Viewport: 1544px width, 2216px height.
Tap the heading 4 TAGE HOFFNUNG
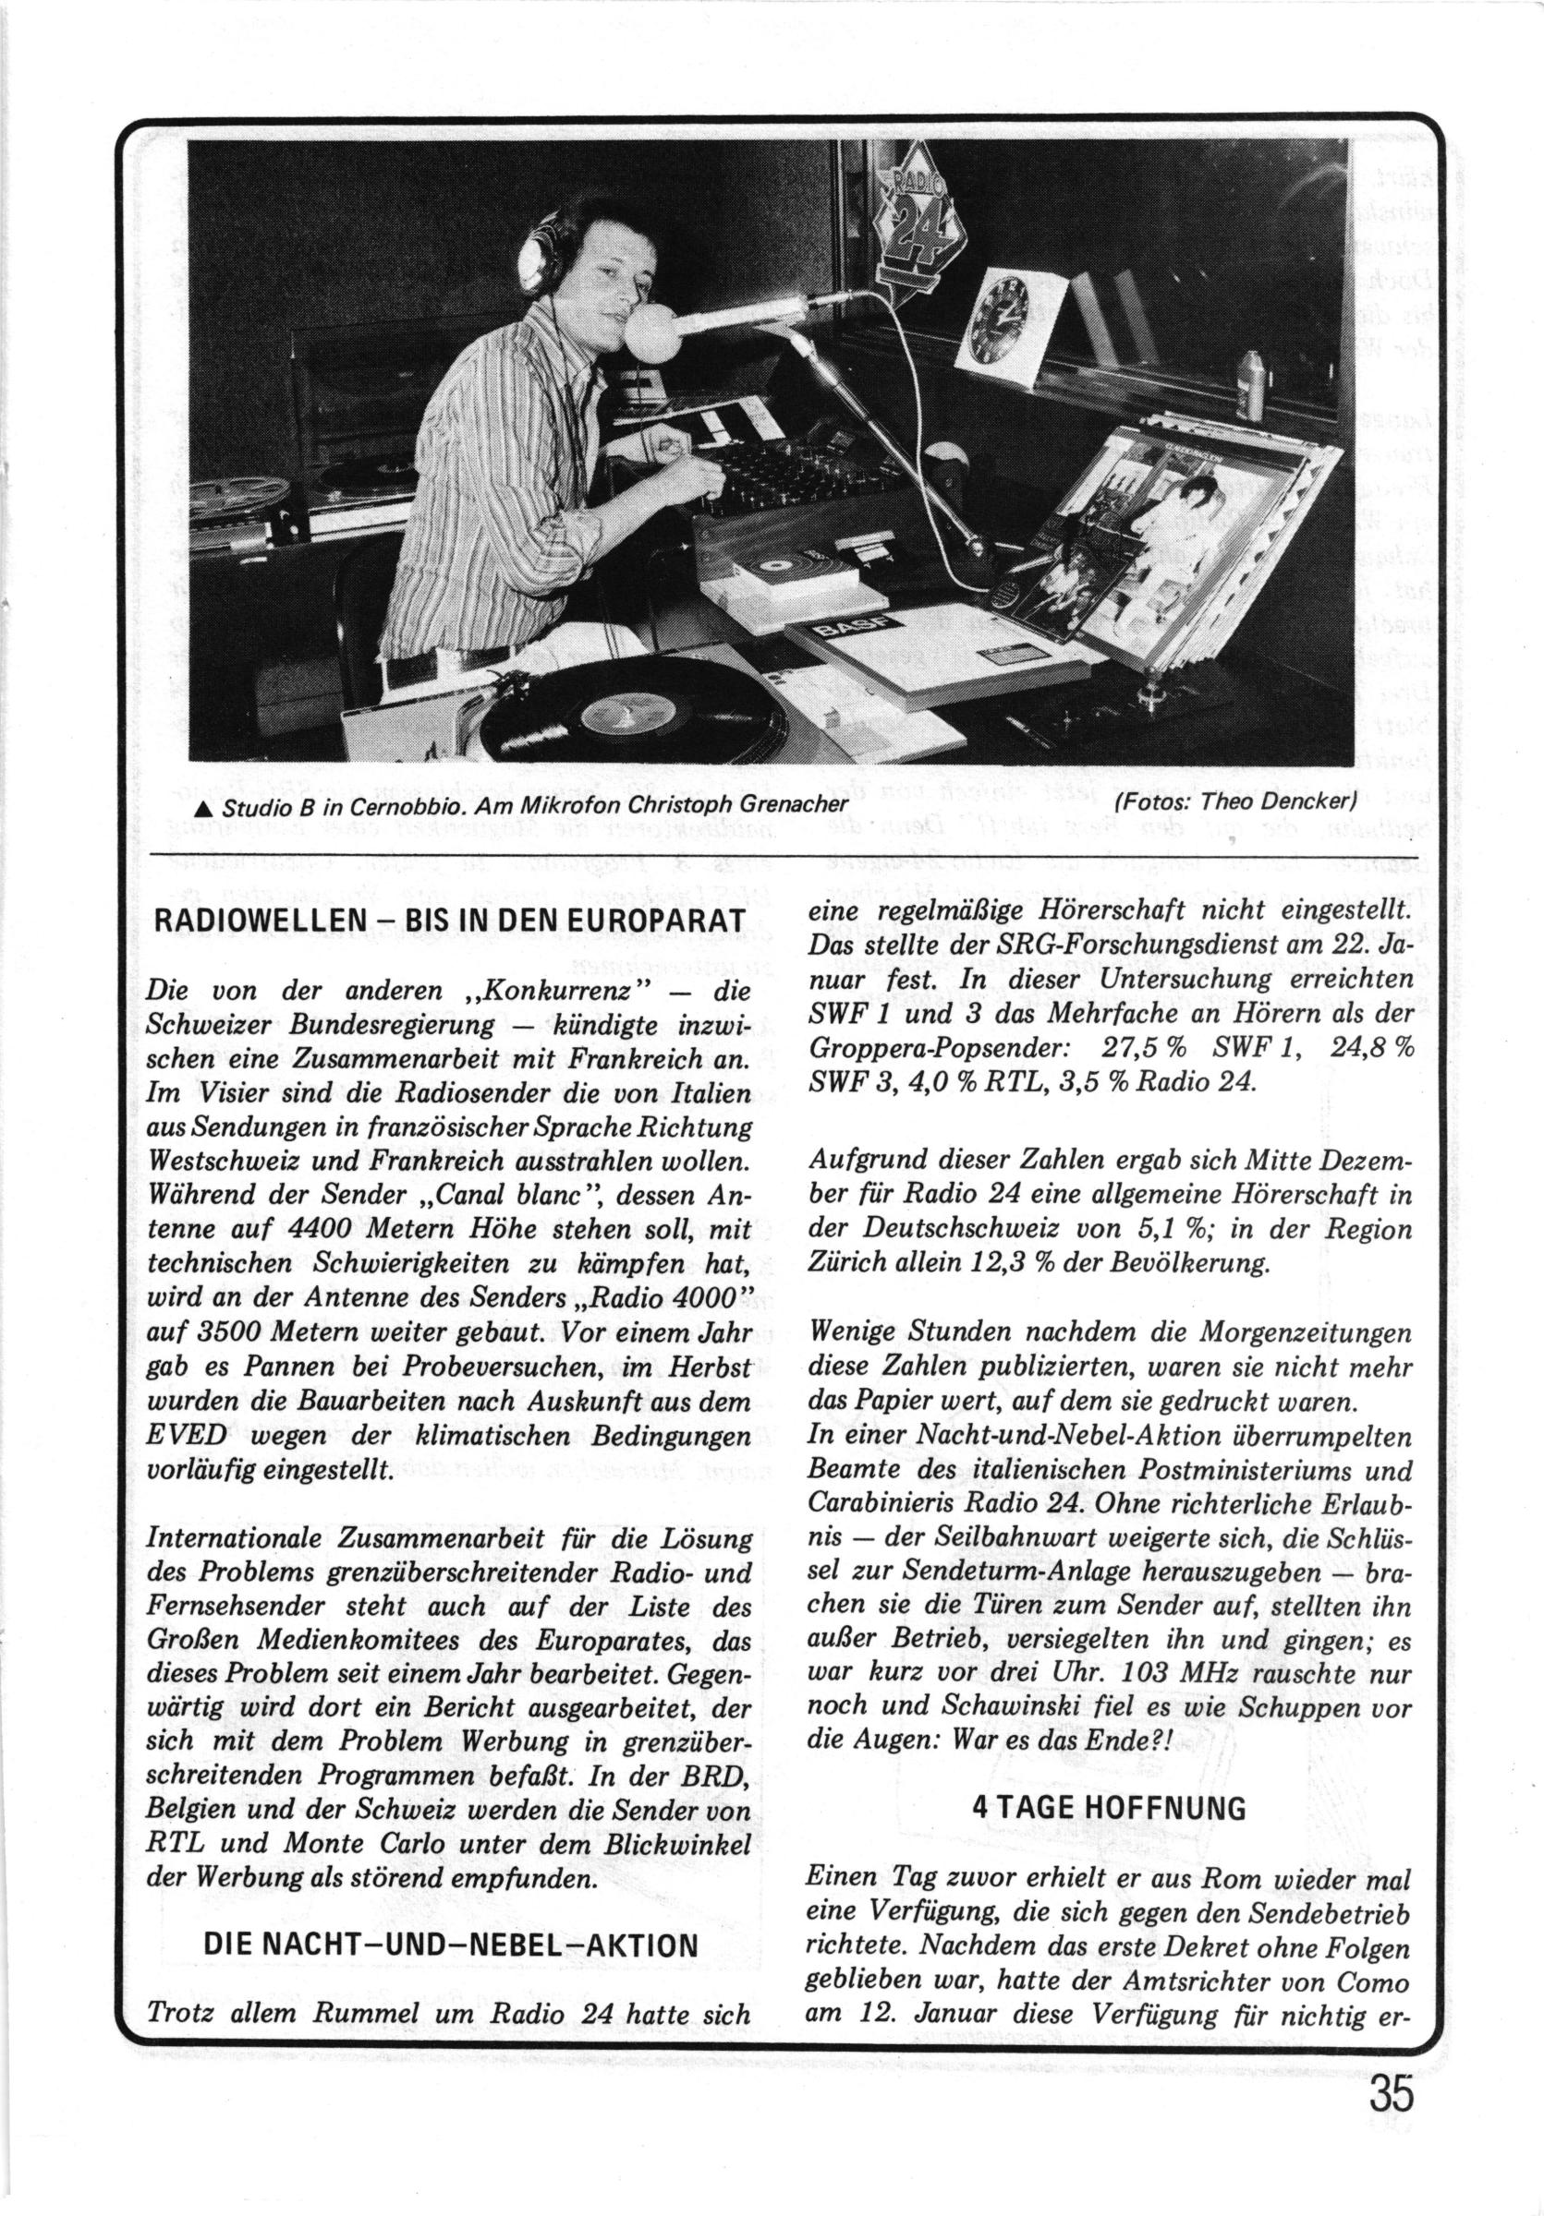click(x=1108, y=1775)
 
